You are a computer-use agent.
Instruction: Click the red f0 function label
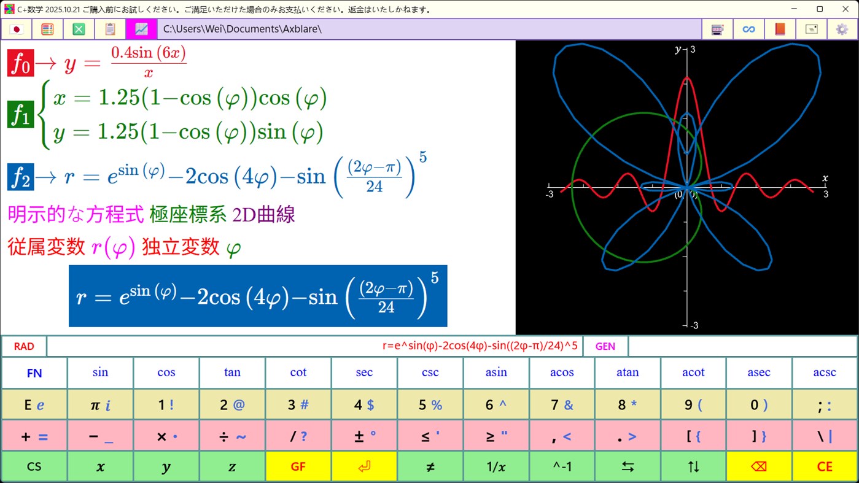click(20, 63)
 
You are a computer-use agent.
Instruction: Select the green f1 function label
click(20, 115)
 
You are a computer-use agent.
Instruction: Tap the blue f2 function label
click(20, 177)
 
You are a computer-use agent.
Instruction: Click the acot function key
click(693, 373)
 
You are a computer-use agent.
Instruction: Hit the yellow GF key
click(298, 466)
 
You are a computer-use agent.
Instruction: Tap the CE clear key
click(825, 466)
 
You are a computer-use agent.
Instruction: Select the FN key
click(34, 373)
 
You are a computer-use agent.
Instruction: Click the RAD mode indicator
click(24, 346)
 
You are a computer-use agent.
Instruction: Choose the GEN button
click(605, 346)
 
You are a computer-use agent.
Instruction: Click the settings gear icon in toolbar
click(842, 29)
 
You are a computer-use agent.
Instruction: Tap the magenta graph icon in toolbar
click(141, 29)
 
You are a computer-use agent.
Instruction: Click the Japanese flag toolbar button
click(17, 29)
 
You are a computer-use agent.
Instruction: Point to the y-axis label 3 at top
click(693, 49)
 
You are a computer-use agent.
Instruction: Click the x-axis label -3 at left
click(550, 194)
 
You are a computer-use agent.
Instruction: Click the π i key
click(100, 405)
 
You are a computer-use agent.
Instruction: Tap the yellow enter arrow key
click(364, 466)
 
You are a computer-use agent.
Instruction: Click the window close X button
click(845, 9)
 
